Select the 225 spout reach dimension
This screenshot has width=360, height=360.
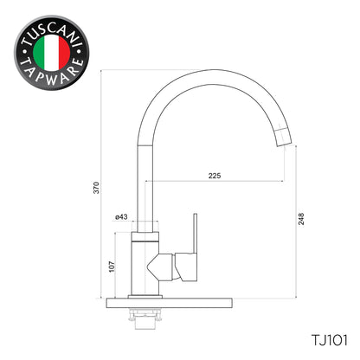click(215, 176)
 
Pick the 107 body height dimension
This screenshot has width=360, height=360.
click(111, 267)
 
